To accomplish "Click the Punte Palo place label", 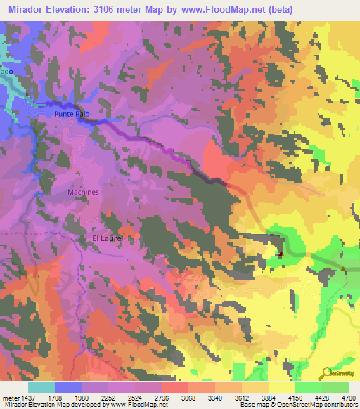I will pos(72,112).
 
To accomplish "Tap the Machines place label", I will pos(84,192).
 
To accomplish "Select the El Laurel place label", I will pos(108,239).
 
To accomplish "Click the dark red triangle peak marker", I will pos(281,253).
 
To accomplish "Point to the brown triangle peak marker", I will pos(343,269).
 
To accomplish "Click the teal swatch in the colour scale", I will pos(41,387).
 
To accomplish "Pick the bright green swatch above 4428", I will pos(309,387).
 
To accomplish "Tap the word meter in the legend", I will pos(11,397).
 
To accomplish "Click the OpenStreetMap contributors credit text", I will pos(316,405).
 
